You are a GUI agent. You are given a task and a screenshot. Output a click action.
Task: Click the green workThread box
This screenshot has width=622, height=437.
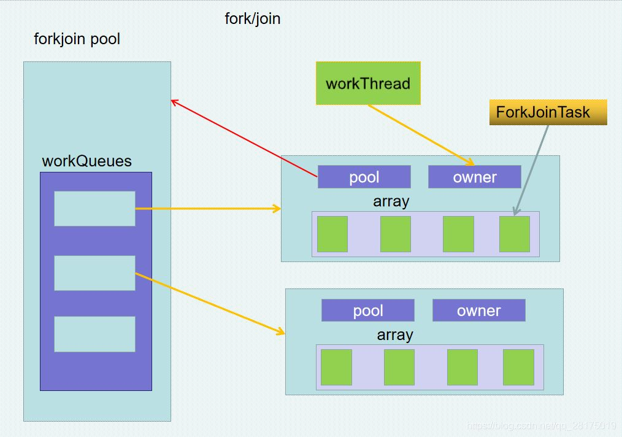click(x=368, y=83)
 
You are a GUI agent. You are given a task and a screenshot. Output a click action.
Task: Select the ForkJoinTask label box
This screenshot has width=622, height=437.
click(x=548, y=112)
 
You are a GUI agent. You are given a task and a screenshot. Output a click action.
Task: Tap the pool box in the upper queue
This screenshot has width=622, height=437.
click(x=364, y=177)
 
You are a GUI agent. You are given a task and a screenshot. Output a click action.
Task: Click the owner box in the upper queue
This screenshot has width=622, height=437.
click(x=474, y=177)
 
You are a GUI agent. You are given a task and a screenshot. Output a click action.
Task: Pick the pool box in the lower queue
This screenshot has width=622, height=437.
click(x=367, y=311)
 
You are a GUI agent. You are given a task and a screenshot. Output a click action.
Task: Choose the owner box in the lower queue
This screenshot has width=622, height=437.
click(x=478, y=311)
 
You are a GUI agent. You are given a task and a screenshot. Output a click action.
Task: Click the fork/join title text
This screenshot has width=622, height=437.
click(x=253, y=19)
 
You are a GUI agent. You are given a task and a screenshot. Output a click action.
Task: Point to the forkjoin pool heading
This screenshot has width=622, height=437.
click(x=77, y=40)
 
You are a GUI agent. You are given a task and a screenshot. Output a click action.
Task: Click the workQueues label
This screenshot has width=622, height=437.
click(x=86, y=161)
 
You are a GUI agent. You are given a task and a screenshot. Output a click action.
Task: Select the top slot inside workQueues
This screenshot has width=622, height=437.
click(x=94, y=209)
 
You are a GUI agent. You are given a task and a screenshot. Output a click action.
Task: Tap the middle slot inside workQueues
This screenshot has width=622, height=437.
click(x=94, y=273)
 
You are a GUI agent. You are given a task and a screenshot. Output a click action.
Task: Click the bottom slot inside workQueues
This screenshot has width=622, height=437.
click(x=94, y=334)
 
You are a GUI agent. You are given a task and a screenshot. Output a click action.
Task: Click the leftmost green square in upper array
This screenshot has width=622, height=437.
click(x=332, y=234)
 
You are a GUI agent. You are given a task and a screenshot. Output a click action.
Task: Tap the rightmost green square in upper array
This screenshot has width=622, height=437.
click(x=514, y=234)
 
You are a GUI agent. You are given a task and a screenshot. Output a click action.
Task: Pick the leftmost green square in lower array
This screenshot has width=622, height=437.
click(x=336, y=367)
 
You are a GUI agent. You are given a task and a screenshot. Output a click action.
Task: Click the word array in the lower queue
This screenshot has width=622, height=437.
click(x=394, y=335)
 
